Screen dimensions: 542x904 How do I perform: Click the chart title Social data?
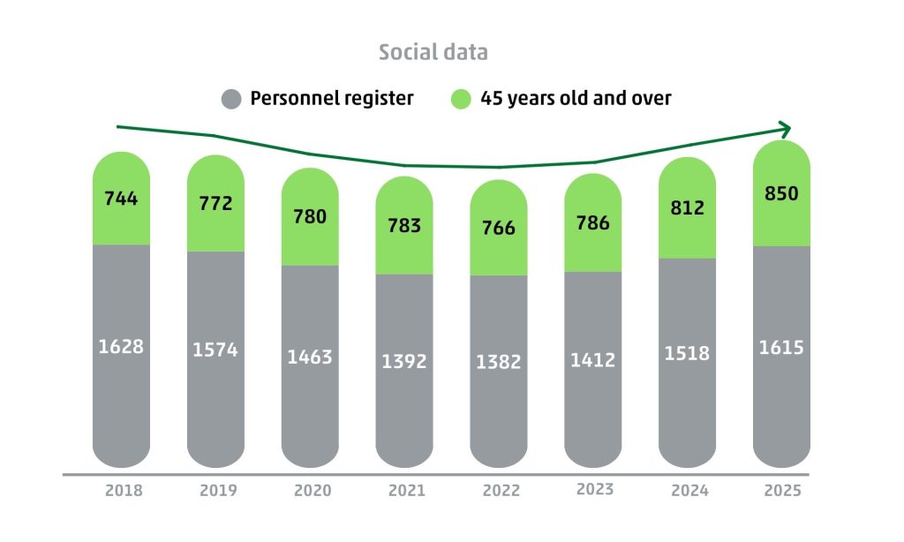click(433, 52)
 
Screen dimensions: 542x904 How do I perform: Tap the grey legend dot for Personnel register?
click(231, 99)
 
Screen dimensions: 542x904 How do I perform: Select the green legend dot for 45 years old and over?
click(461, 99)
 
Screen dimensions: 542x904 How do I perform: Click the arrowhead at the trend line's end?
click(784, 129)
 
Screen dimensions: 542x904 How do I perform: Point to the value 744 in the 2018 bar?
click(121, 199)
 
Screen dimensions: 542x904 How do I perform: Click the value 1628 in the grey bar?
click(121, 346)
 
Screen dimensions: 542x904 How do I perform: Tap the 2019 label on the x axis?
click(215, 491)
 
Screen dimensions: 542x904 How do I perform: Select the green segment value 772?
click(215, 204)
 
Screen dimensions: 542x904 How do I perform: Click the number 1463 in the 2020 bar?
click(310, 357)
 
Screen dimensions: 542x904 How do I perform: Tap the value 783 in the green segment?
click(404, 225)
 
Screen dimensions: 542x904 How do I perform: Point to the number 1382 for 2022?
click(499, 362)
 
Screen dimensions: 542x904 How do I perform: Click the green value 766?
click(499, 228)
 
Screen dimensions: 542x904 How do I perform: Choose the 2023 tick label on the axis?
click(593, 489)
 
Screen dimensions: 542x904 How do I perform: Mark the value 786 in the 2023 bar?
click(593, 222)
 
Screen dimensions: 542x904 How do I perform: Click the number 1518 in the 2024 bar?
click(688, 353)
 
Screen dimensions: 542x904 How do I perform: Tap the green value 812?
click(688, 208)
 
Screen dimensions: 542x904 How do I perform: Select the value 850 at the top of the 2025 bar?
click(781, 193)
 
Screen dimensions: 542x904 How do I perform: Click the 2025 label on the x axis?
click(781, 491)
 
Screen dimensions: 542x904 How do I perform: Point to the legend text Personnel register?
click(332, 98)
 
